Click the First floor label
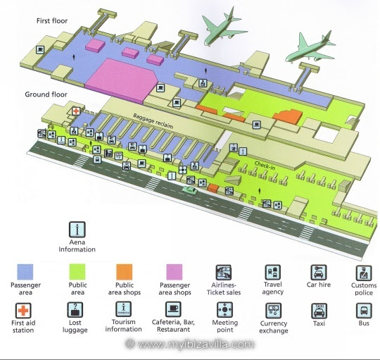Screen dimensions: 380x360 coord(52,21)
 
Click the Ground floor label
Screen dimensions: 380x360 coord(46,94)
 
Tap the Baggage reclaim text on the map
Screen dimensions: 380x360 coord(153,120)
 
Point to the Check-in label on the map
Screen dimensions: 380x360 coord(265,166)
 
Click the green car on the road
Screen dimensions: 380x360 coord(190,190)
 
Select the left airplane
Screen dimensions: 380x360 coord(224,27)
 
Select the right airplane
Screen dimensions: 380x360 coord(310,48)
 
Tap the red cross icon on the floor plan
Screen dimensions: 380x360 coord(76,111)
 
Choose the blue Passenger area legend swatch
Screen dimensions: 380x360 coord(25,272)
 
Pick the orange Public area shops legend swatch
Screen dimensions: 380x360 coord(125,272)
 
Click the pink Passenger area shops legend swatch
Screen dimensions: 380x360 coord(175,272)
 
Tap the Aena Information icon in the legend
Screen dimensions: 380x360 coord(77,230)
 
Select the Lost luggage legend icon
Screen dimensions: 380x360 coord(75,310)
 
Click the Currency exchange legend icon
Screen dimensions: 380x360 coord(273,311)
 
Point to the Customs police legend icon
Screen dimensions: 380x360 coord(364,273)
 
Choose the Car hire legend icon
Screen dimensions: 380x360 coord(319,273)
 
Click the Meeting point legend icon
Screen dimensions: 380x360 coord(224,310)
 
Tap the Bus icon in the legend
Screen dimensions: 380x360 coord(364,311)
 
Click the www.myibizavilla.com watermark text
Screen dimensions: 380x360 coord(190,344)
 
